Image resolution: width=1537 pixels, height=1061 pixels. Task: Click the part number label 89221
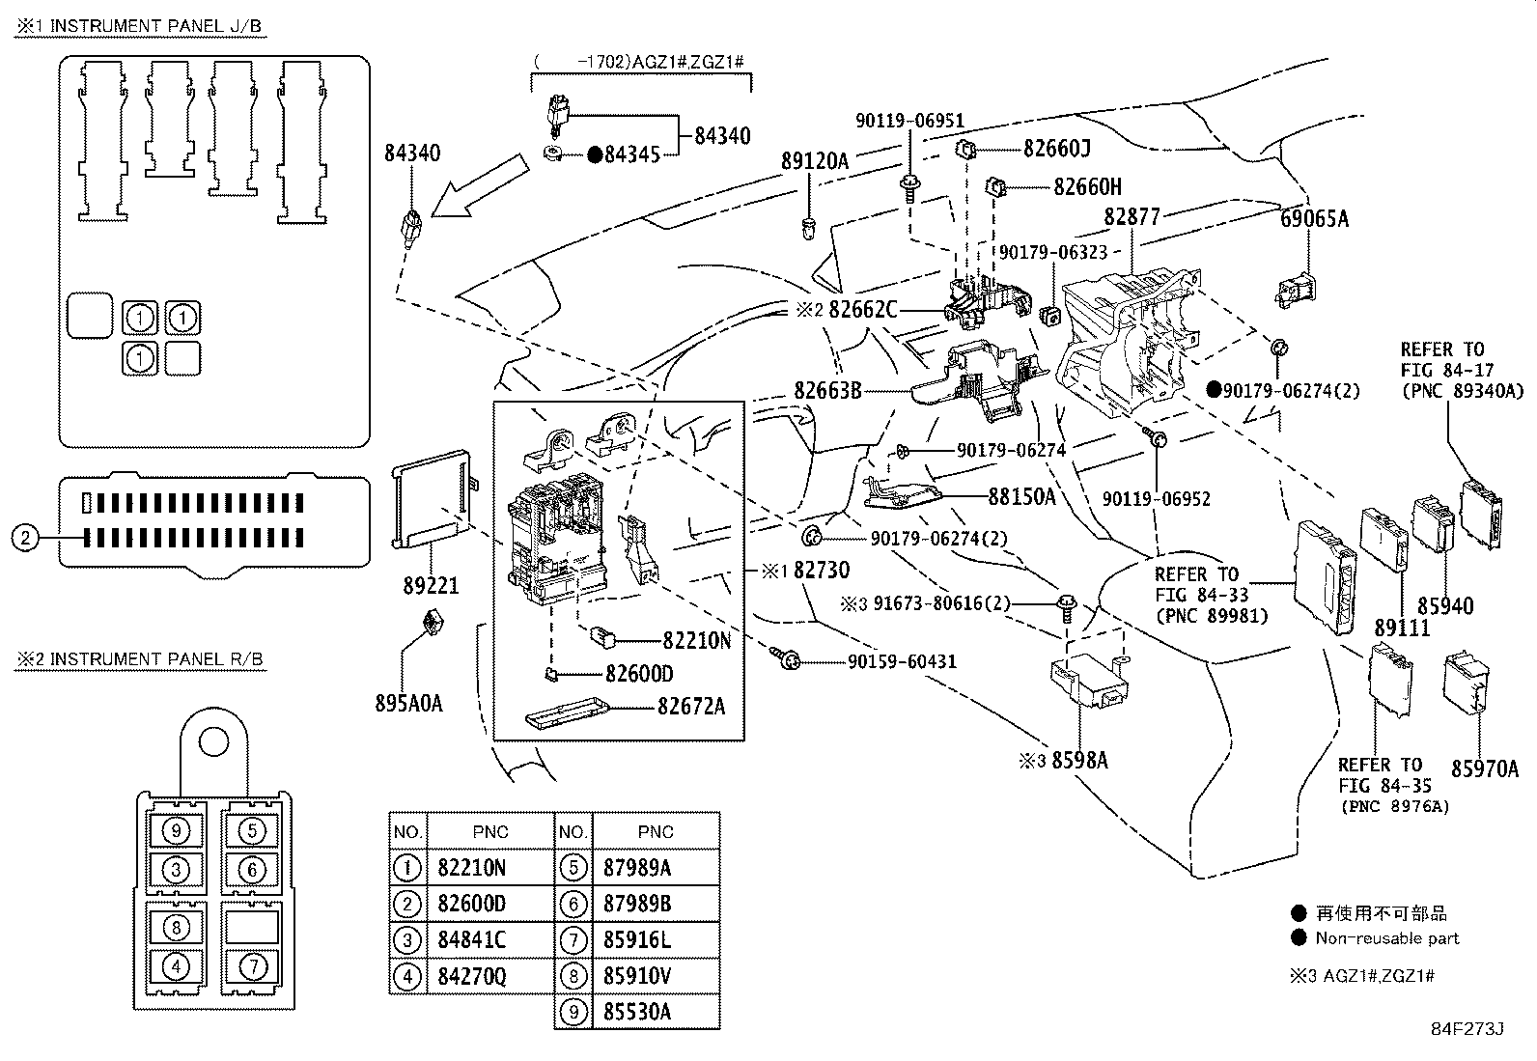click(431, 585)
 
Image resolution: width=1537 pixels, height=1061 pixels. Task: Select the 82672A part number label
click(690, 706)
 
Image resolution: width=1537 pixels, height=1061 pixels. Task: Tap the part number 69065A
click(1314, 218)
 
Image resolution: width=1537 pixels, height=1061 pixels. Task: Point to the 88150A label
click(1021, 496)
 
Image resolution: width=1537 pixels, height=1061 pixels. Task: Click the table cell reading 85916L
click(636, 939)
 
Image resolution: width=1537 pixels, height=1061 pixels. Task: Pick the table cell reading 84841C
click(471, 939)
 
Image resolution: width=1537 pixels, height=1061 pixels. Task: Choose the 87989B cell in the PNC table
click(636, 903)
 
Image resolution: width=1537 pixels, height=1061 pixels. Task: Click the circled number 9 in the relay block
click(175, 829)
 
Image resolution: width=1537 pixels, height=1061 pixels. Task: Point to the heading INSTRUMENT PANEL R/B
click(140, 659)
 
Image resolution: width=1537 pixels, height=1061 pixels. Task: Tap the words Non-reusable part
click(1386, 938)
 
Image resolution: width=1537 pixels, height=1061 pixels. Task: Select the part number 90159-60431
click(902, 661)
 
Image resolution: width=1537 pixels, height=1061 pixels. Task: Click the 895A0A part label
click(408, 703)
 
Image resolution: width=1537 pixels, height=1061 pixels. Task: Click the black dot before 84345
click(595, 154)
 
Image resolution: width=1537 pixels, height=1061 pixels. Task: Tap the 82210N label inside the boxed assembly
click(696, 640)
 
